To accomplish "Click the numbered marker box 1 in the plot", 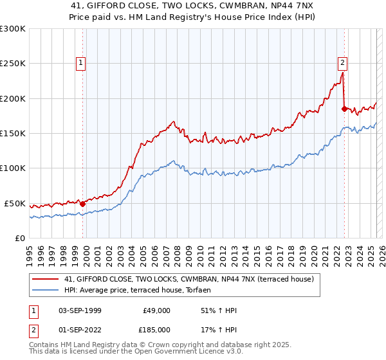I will tap(81, 63).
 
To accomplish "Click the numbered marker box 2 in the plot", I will tap(342, 63).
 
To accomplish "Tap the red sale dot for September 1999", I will tap(82, 204).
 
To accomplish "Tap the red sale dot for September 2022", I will tap(344, 109).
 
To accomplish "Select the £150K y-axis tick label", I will tap(13, 134).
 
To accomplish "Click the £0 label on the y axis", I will tap(21, 238).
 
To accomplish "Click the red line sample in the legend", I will tap(46, 279).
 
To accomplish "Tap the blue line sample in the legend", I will tap(46, 290).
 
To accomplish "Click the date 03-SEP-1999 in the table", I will tap(80, 310).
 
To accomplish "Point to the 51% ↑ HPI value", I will tap(219, 310).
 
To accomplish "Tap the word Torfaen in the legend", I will tap(197, 290).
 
